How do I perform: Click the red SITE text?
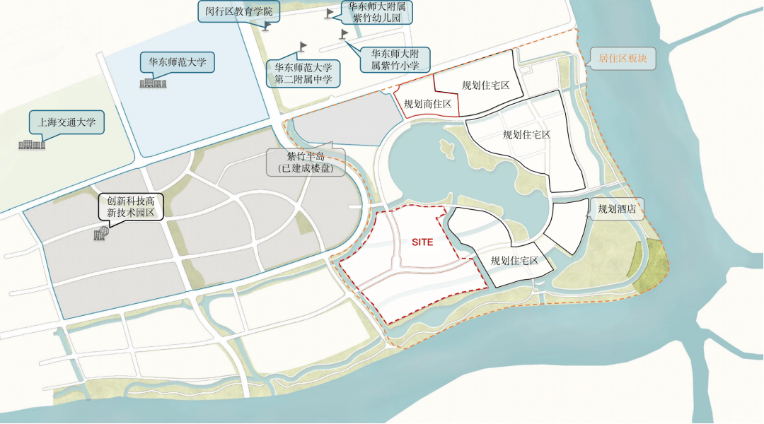[x=422, y=242]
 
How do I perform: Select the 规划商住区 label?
[x=427, y=104]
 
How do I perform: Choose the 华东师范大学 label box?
[x=177, y=62]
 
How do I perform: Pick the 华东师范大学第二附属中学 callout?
[x=303, y=73]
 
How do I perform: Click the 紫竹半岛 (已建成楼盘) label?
[x=305, y=163]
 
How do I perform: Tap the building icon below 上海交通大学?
[x=33, y=144]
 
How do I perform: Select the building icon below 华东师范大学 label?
[x=153, y=83]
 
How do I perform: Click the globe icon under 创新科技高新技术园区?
[x=100, y=233]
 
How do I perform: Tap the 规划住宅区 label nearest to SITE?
[x=514, y=261]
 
